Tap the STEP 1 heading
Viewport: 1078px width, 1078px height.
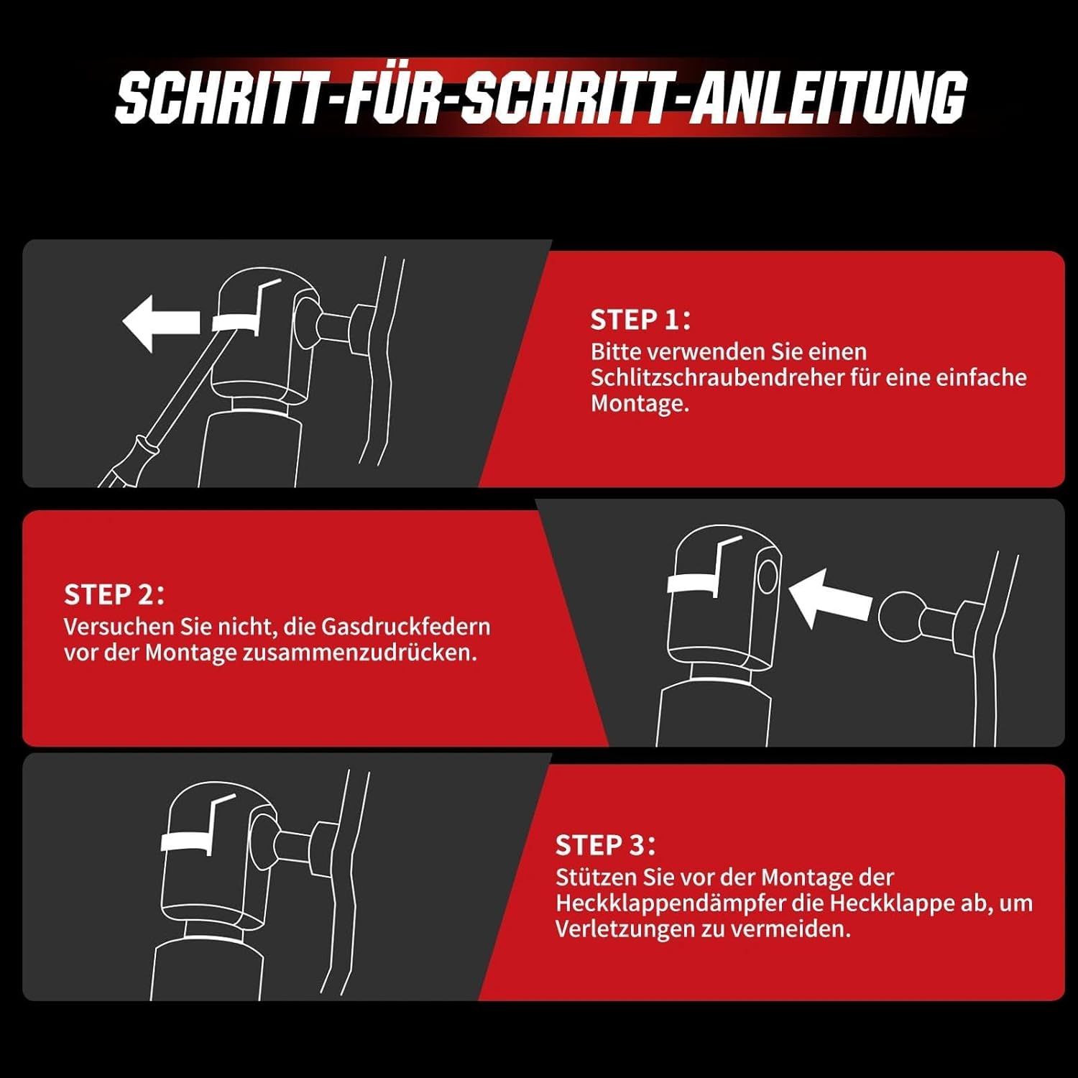coord(640,320)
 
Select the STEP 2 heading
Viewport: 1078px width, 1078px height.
coord(114,594)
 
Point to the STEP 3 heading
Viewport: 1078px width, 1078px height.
coord(605,845)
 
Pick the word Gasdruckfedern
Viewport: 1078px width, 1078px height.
coord(405,626)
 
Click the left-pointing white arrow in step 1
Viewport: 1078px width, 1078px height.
coord(161,323)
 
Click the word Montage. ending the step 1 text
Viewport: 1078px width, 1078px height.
coord(640,404)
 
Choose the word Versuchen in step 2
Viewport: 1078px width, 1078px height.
coord(119,626)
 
